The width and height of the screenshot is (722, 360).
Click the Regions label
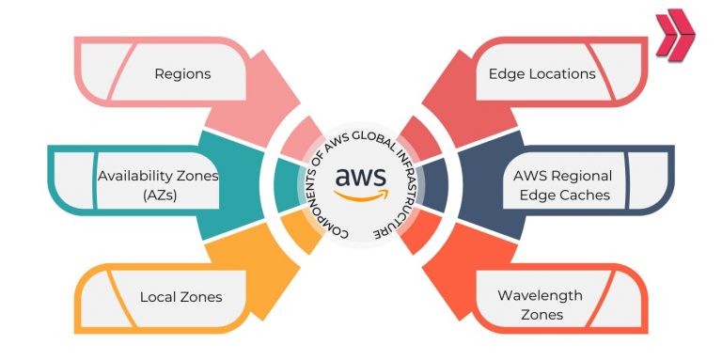[182, 72]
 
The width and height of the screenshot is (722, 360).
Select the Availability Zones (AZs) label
[158, 184]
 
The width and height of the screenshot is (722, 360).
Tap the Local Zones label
[180, 296]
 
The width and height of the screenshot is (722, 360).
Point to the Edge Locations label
[541, 72]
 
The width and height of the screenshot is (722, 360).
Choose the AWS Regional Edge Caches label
[562, 184]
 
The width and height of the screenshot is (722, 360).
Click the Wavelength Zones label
[540, 305]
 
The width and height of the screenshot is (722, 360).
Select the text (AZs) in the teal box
[158, 195]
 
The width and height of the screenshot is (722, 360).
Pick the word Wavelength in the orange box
[540, 295]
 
